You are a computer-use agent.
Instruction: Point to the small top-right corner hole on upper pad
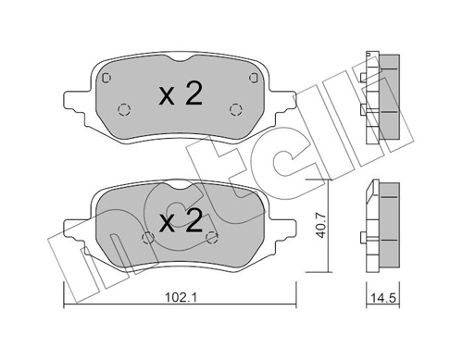pos(251,70)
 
